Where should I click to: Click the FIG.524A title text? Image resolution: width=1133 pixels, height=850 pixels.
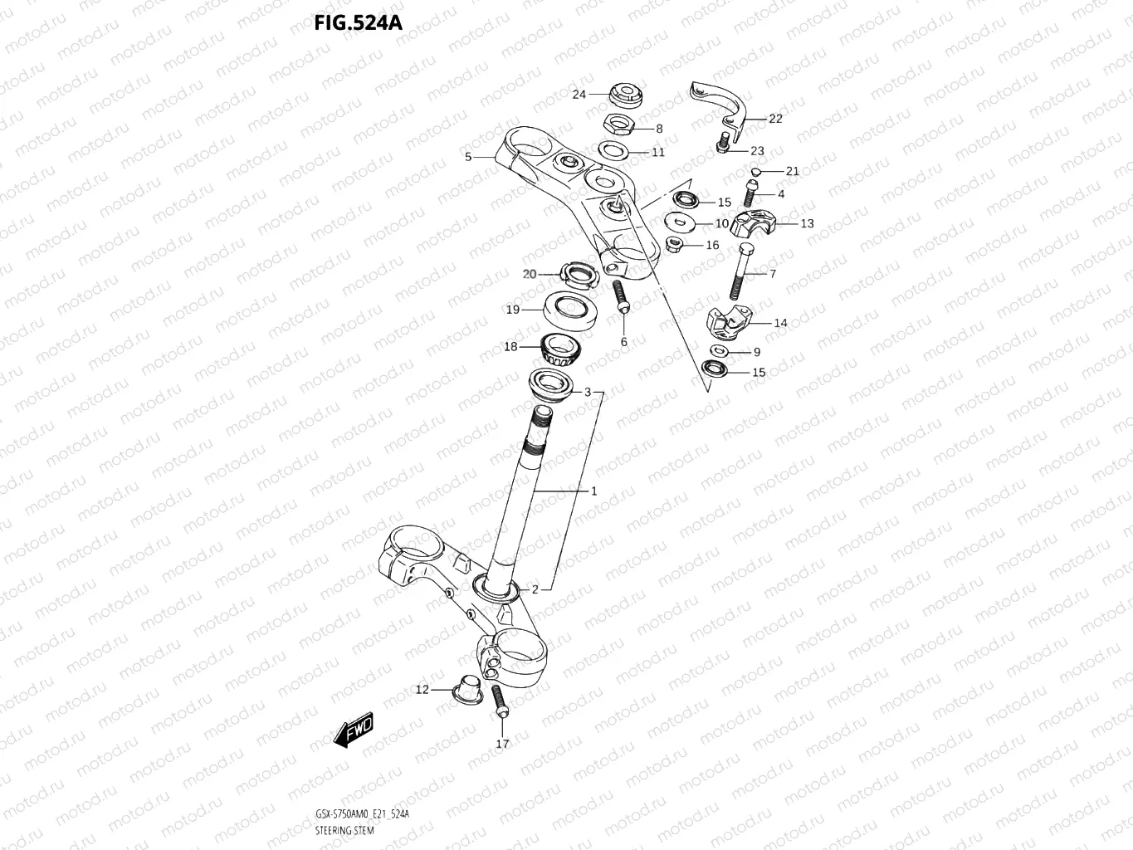pos(358,22)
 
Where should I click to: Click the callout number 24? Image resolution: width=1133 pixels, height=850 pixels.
pos(579,94)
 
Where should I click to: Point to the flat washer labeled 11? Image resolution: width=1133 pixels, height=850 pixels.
pos(613,151)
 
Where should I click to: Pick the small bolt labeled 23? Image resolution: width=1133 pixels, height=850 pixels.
pos(723,143)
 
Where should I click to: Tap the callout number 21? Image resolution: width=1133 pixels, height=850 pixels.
pos(792,171)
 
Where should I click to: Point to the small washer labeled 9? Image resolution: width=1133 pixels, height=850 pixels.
pos(718,352)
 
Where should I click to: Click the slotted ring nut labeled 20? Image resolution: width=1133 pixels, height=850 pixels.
pos(578,273)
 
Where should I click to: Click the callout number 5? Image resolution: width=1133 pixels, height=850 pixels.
pos(468,156)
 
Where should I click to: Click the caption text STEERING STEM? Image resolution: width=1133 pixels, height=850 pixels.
pos(344,830)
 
